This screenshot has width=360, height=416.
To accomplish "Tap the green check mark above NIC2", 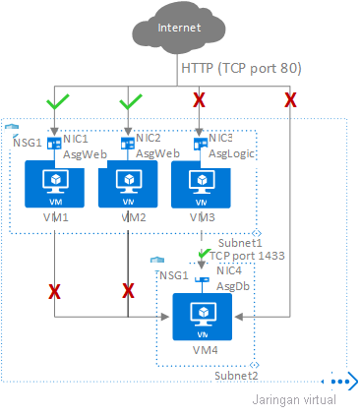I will point(129,100).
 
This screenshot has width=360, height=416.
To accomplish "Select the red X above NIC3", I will point(200,100).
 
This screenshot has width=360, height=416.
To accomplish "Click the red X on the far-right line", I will point(290,100).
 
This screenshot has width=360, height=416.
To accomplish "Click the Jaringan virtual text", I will point(294,399).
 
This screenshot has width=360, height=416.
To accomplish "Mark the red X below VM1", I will point(54,291).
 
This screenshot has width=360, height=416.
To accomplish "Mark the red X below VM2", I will point(129,291).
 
